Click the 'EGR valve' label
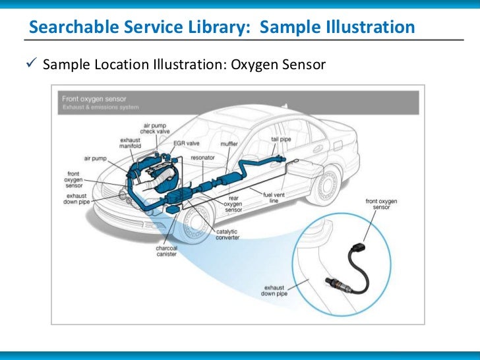(187, 142)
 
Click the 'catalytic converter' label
(227, 235)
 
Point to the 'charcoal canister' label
(166, 252)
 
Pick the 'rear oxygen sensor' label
(233, 205)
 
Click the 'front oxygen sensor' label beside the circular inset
(382, 203)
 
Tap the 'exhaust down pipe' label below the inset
(274, 291)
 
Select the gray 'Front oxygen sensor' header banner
(235, 102)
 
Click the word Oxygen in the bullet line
(257, 65)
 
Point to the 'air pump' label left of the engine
(95, 158)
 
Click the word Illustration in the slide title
(372, 28)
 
